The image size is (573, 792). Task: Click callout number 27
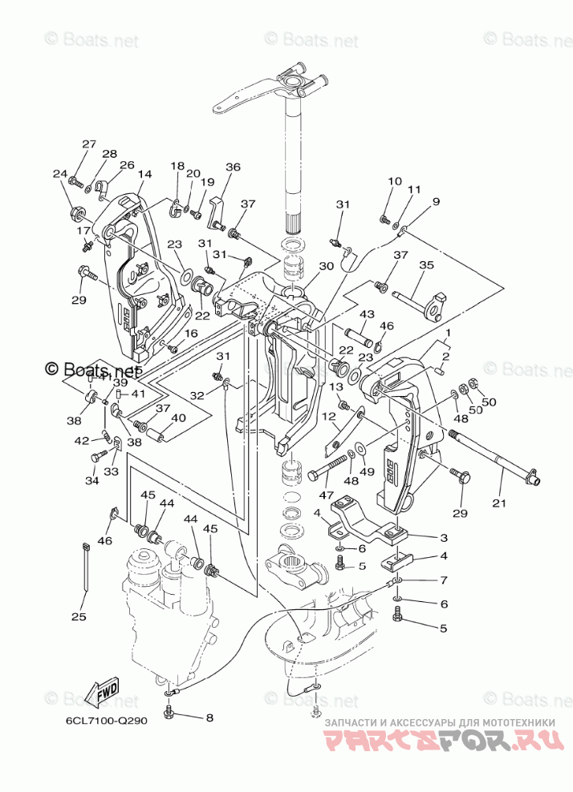pos(88,144)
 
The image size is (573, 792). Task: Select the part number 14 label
pos(144,174)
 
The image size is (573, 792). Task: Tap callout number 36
pos(233,168)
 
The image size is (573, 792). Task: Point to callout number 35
pos(426,265)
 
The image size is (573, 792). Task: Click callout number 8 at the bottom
pos(209,717)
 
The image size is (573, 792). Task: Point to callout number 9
pos(436,202)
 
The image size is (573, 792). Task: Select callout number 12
pos(329,416)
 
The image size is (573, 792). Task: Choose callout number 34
pos(91,481)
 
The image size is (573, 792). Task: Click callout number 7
pos(444,580)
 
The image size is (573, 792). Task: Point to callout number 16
pos(191,333)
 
